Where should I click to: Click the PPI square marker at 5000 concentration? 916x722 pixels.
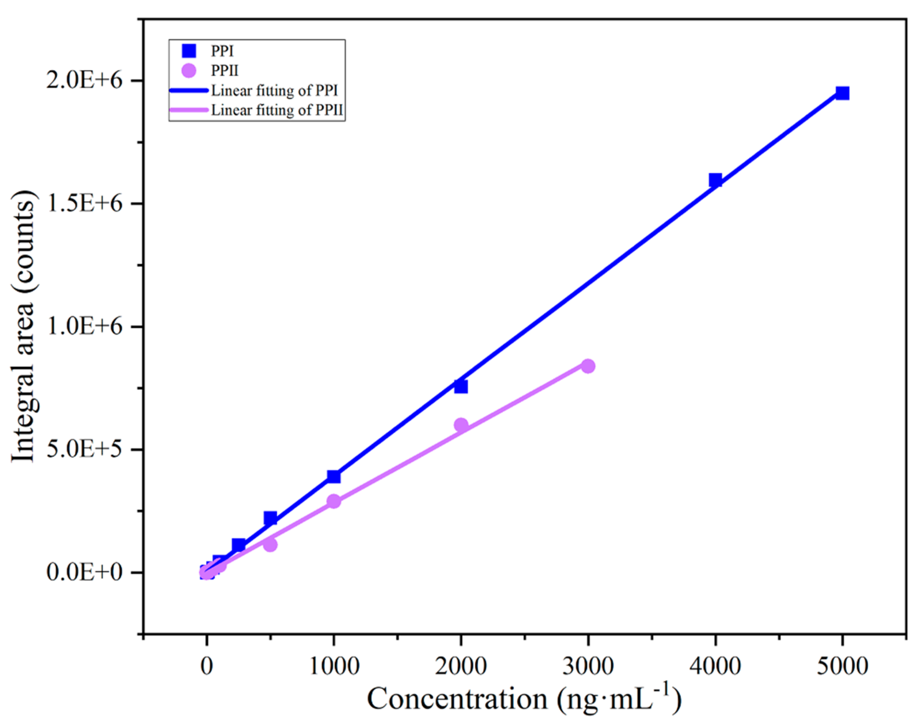click(842, 93)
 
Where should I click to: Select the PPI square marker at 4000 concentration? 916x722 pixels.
click(715, 180)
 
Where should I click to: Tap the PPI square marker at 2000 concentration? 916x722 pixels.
click(461, 386)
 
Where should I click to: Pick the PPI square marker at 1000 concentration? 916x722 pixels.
click(333, 477)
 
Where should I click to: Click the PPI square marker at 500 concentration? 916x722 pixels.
click(270, 518)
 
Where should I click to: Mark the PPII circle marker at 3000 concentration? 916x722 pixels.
click(588, 366)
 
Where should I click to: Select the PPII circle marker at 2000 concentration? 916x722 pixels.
click(461, 425)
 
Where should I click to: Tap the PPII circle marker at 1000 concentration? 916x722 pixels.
click(333, 502)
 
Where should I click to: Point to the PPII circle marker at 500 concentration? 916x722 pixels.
click(270, 545)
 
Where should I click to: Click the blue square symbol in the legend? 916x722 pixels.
click(189, 51)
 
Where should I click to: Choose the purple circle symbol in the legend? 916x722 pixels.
click(189, 71)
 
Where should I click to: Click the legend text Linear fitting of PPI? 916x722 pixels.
click(274, 90)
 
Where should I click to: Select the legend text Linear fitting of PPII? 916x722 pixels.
click(277, 110)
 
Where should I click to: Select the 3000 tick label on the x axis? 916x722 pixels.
click(588, 666)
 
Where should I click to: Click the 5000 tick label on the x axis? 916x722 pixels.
click(842, 666)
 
